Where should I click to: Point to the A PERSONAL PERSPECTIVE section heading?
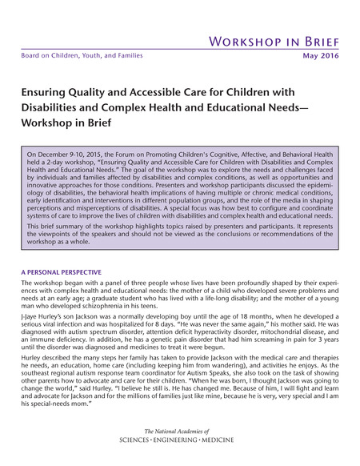click(62, 272)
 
